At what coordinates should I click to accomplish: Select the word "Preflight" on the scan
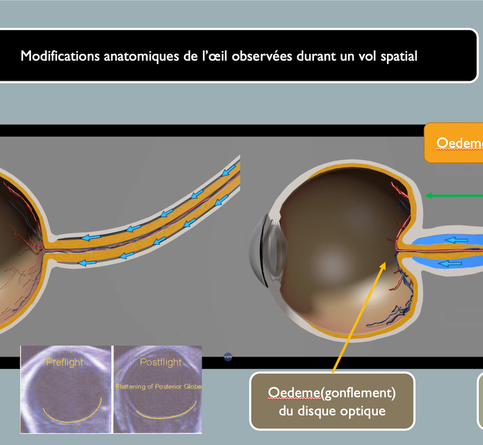point(64,362)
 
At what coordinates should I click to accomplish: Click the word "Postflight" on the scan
point(161,363)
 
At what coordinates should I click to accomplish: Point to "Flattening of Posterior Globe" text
point(159,387)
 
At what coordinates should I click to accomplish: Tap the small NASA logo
point(228,356)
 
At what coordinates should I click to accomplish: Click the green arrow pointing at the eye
point(453,196)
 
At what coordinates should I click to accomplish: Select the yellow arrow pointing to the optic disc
point(357,318)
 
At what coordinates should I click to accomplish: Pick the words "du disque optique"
point(332,410)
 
